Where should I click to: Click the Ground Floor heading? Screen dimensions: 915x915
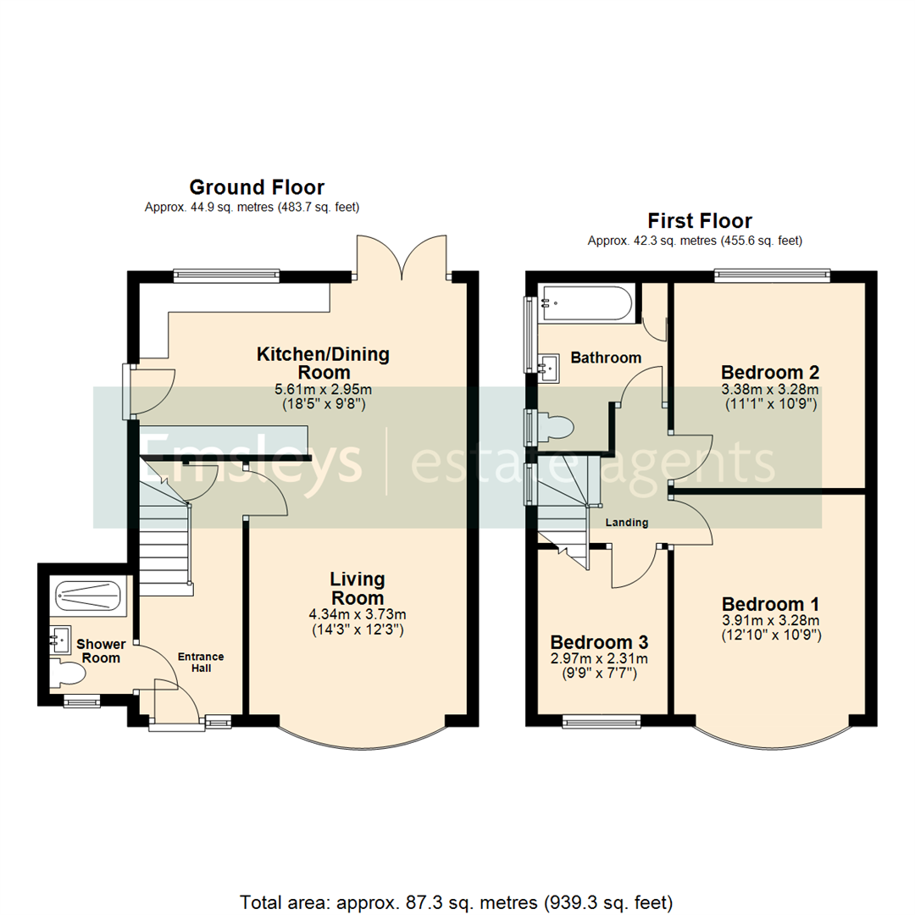click(x=256, y=187)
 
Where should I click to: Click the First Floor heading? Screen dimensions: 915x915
click(x=700, y=221)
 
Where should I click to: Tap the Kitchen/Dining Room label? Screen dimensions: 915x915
click(x=323, y=363)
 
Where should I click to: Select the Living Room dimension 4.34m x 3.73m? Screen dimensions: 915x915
click(x=358, y=614)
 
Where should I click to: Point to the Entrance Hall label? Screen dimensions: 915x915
click(x=201, y=662)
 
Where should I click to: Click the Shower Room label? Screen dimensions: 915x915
click(x=99, y=651)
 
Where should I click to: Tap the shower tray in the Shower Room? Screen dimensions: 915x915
click(x=89, y=596)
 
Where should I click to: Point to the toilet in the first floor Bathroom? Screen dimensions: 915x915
click(x=554, y=426)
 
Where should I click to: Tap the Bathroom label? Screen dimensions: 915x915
click(x=605, y=358)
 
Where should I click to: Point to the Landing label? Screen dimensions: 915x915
click(x=626, y=523)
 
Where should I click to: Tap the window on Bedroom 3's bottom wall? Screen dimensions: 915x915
click(x=602, y=722)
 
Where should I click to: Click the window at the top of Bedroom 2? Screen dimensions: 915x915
click(x=771, y=274)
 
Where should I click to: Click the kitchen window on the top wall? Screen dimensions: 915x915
click(x=226, y=274)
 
